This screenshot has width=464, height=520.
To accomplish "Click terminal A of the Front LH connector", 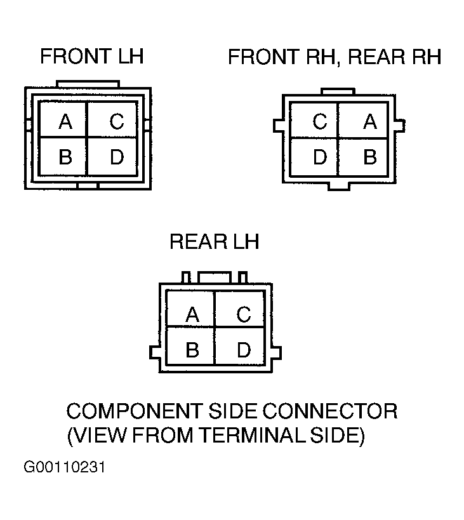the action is (63, 119).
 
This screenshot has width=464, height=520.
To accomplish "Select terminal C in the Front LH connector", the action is (112, 119).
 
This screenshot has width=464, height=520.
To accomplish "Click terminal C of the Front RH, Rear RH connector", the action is (314, 121).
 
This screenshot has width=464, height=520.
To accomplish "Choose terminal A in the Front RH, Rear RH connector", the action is (362, 121).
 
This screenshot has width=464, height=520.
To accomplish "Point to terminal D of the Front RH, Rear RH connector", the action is (314, 157).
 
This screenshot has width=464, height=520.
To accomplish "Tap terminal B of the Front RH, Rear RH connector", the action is (362, 157).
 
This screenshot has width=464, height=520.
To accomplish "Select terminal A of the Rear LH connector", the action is (190, 309).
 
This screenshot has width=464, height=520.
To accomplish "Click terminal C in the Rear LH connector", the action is (240, 309).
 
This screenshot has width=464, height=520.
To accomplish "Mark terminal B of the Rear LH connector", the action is (190, 346).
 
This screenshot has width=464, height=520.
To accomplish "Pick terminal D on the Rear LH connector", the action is (240, 346).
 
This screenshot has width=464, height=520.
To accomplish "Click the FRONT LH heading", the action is (92, 56).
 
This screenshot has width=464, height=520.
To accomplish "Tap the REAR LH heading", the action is (214, 241).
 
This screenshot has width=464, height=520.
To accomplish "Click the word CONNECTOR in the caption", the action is (330, 411).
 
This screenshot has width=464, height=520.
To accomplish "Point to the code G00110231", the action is (64, 467).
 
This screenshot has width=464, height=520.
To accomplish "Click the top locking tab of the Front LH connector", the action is (88, 84).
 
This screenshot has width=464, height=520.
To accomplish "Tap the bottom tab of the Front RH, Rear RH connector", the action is (339, 187).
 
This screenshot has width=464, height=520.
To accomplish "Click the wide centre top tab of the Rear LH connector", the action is (215, 277).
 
